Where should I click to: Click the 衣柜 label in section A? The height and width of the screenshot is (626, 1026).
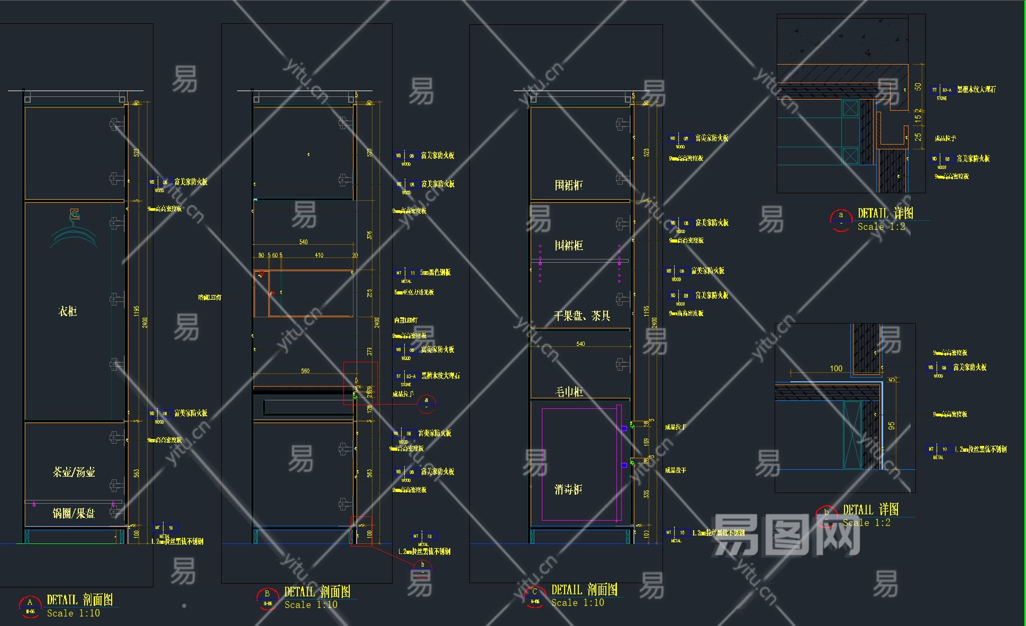67,311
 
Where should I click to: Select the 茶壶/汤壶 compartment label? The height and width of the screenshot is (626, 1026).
74,472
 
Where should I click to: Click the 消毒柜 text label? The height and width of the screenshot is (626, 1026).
568,489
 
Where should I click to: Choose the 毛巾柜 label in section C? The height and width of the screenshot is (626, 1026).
568,392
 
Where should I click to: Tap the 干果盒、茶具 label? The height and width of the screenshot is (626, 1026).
582,316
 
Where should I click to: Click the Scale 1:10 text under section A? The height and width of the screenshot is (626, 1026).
73,613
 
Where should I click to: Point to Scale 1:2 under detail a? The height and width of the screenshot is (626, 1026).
881,227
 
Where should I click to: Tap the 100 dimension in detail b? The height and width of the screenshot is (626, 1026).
836,369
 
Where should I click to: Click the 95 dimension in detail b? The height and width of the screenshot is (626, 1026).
892,426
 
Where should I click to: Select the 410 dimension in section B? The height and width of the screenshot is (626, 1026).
319,255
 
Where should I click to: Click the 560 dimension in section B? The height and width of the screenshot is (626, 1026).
305,371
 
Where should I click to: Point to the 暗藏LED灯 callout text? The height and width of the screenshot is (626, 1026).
210,298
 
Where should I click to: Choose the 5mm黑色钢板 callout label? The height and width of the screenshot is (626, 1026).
435,273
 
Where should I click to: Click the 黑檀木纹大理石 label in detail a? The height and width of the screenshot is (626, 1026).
976,90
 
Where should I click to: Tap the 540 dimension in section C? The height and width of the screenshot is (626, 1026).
580,344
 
